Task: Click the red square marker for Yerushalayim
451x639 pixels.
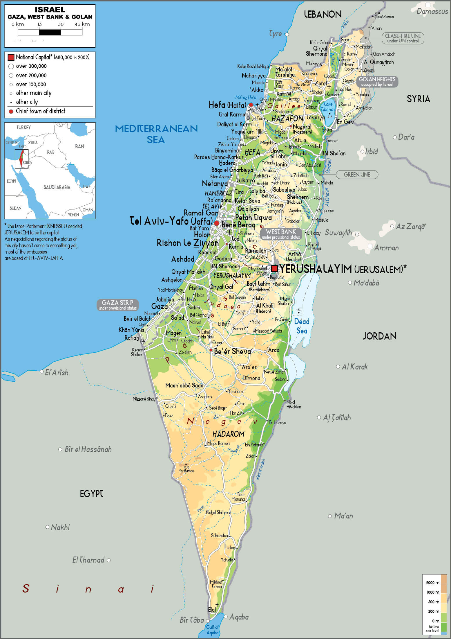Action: coord(274,268)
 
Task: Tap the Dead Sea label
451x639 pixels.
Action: coord(302,326)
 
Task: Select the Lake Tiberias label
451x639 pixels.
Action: coord(328,107)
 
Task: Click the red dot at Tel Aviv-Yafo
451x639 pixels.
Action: coord(217,223)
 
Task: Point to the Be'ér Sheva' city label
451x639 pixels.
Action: coord(233,351)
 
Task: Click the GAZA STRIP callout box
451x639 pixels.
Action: coord(117,305)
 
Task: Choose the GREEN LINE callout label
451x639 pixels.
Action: coord(357,175)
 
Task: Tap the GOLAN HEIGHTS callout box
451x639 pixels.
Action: coord(377,81)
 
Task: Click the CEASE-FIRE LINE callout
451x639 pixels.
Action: coord(403,38)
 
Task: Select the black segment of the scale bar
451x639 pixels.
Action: coord(50,32)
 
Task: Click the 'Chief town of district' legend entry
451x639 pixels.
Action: coord(40,111)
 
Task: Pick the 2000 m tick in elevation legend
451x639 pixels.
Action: coord(433,583)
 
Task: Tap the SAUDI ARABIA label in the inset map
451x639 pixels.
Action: coord(57,187)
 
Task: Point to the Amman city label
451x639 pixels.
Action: coord(386,248)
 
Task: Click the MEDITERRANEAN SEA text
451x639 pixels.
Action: coord(156,134)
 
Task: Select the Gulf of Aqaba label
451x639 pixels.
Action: coord(212,630)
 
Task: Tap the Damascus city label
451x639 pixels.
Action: coord(432,11)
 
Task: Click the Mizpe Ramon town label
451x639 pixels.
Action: coord(218,443)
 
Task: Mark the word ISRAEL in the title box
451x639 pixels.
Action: coord(50,10)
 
